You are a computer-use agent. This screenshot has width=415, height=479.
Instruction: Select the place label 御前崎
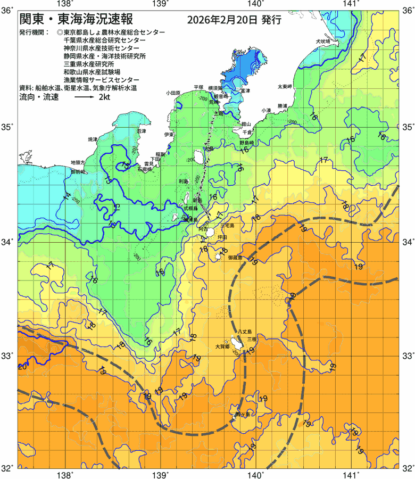point(78,173)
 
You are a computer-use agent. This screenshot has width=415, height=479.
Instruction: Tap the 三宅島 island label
point(231,226)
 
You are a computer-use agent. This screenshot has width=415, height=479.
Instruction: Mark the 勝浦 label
point(279,106)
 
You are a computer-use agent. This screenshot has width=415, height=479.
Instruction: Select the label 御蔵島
point(235,258)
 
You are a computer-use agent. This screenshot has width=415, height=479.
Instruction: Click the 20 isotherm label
point(22,367)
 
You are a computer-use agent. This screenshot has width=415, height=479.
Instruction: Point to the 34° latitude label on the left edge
point(8,242)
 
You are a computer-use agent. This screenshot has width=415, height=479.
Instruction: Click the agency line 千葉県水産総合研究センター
point(104,40)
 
